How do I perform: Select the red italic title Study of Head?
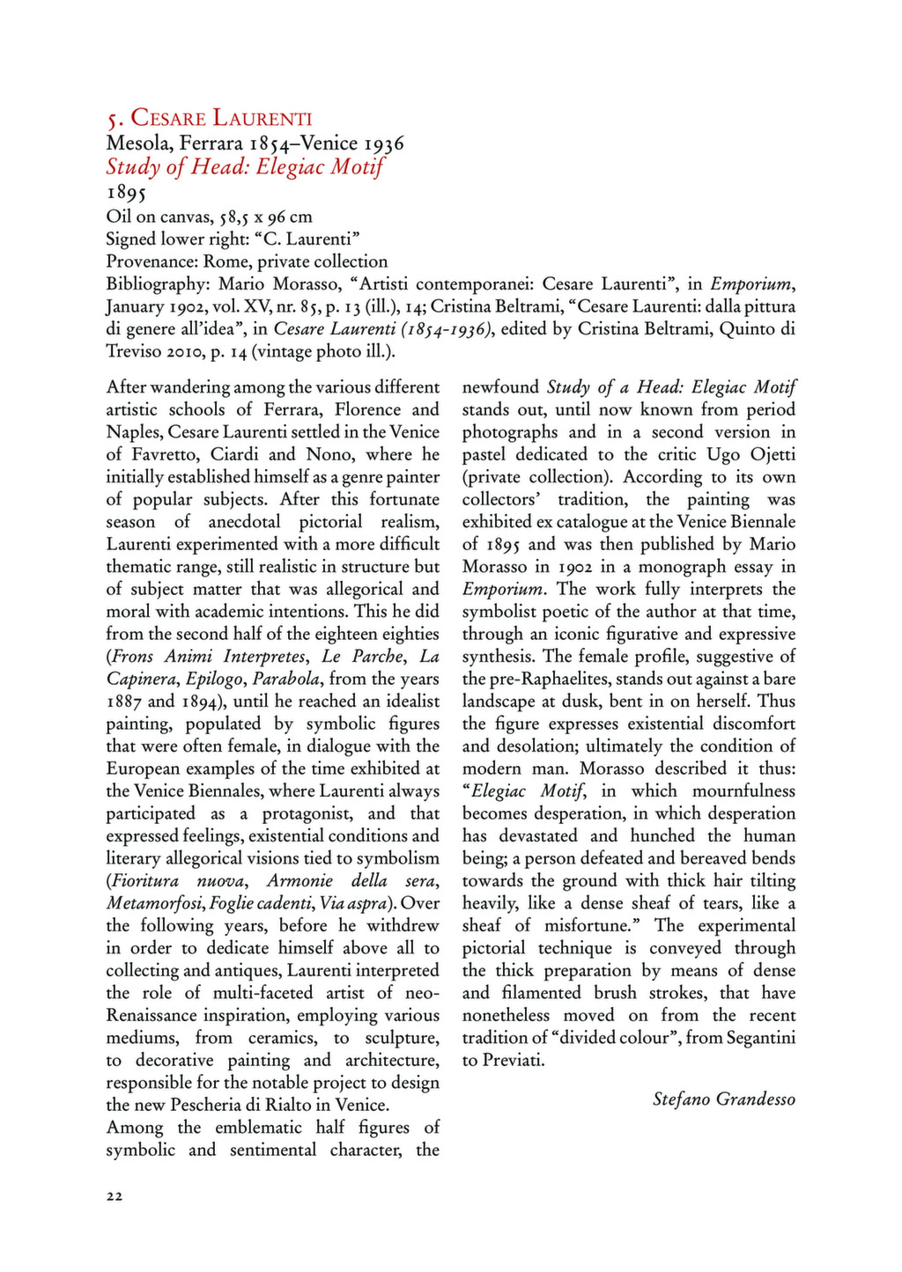[x=245, y=166]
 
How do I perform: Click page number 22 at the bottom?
[x=115, y=1195]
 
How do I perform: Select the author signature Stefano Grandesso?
[x=723, y=1099]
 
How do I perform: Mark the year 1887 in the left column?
[x=123, y=702]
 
